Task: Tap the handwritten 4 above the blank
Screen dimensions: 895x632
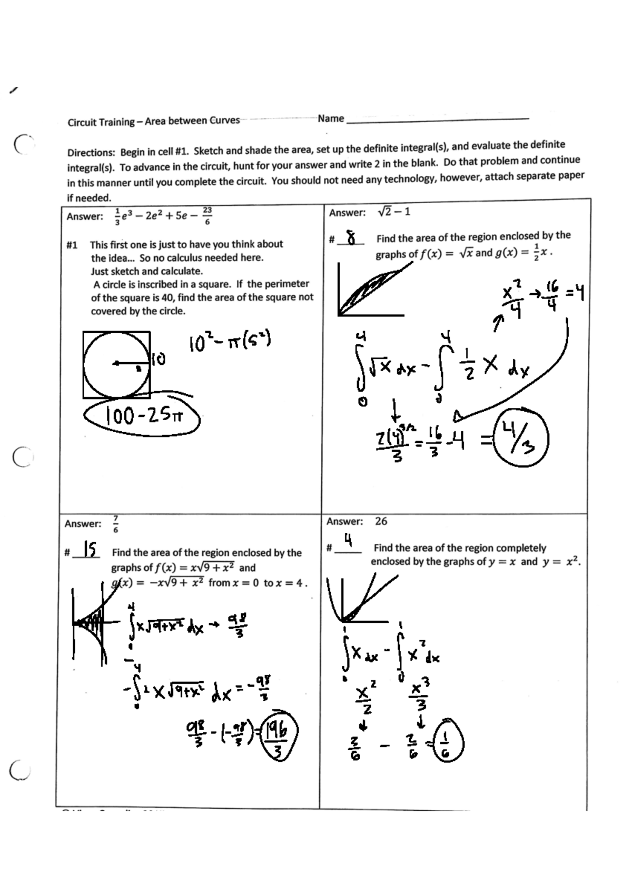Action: point(348,540)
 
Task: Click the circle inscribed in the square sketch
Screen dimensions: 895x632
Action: point(116,364)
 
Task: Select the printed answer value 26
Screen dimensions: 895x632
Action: point(381,521)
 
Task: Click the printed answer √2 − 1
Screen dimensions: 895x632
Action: point(394,212)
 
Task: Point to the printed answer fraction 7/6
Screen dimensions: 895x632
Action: point(116,524)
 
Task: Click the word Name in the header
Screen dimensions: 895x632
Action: point(331,118)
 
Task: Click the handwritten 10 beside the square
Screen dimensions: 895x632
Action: point(159,360)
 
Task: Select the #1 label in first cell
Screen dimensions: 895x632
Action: point(72,245)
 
